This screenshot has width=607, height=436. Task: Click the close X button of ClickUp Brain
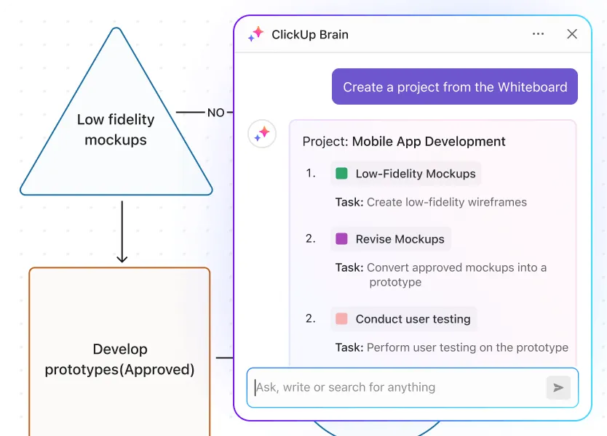tap(572, 34)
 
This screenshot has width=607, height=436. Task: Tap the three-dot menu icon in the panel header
tap(538, 34)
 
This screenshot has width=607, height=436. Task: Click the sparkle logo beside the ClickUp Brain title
tap(255, 34)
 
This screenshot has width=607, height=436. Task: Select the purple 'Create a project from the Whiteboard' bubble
tap(454, 86)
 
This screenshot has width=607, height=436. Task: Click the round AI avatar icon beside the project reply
tap(262, 134)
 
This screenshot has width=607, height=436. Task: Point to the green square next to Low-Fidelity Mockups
tap(341, 173)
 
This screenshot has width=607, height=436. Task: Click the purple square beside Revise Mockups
tap(341, 238)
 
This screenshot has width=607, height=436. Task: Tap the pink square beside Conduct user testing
tap(341, 318)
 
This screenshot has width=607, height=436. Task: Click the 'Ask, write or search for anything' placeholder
tap(346, 387)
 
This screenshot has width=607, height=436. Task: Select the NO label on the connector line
tap(215, 113)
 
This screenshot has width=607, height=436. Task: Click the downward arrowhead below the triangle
tap(122, 258)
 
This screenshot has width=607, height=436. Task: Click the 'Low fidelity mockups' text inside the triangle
tap(116, 129)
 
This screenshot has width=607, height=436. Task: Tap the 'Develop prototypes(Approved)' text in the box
tap(119, 359)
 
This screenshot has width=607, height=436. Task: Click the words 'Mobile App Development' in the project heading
tap(429, 142)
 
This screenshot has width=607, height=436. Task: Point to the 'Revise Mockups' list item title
tap(400, 239)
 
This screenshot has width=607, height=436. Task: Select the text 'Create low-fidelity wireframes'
tap(447, 202)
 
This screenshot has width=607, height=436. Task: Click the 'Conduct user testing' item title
tap(413, 319)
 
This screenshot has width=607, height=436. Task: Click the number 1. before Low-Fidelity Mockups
tap(311, 173)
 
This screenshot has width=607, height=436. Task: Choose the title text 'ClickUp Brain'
tap(310, 34)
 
